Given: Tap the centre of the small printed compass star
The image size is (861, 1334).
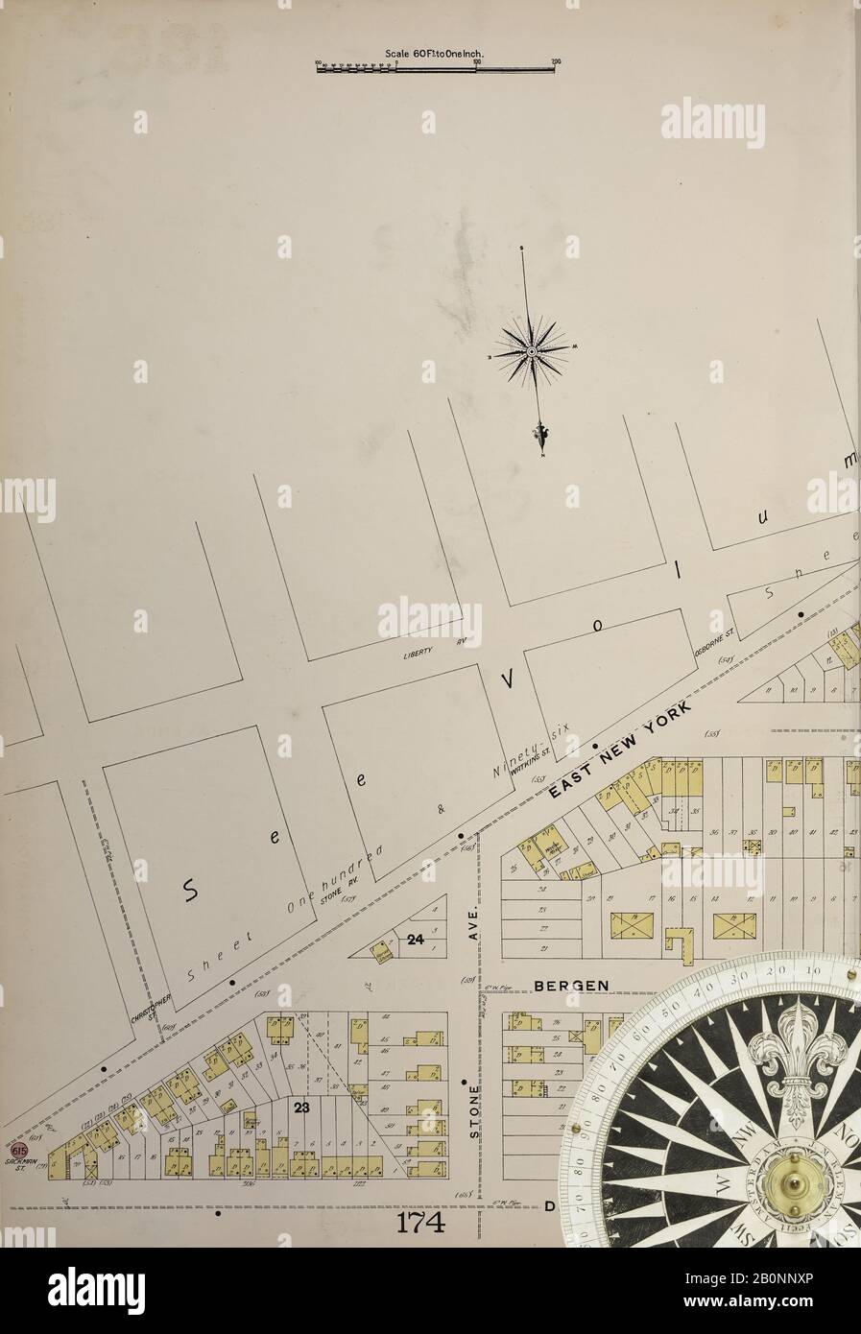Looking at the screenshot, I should coord(531,352).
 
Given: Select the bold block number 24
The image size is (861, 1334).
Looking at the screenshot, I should coord(414,941).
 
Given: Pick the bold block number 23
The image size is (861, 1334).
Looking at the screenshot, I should coord(302,1108).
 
